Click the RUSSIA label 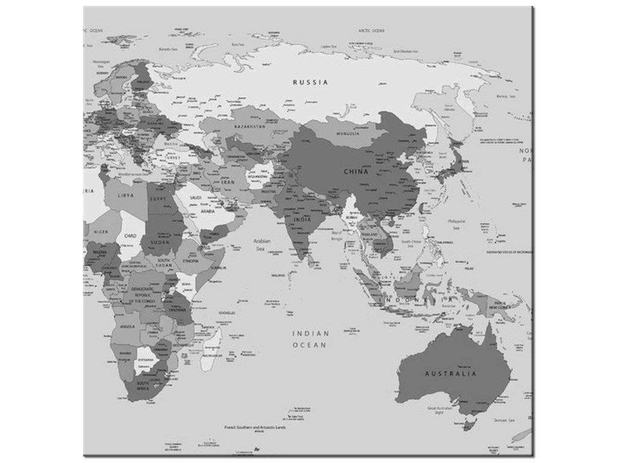pyautogui.click(x=310, y=82)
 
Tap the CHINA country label pyautogui.click(x=355, y=172)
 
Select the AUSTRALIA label pyautogui.click(x=450, y=374)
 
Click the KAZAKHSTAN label pyautogui.click(x=250, y=127)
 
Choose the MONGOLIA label pyautogui.click(x=348, y=133)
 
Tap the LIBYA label pyautogui.click(x=125, y=196)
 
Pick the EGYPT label pyautogui.click(x=158, y=198)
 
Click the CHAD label pyautogui.click(x=131, y=236)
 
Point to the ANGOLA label pyautogui.click(x=127, y=327)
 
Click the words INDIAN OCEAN pyautogui.click(x=310, y=339)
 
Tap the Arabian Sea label pyautogui.click(x=261, y=244)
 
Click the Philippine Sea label pyautogui.click(x=457, y=225)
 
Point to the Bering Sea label pyautogui.click(x=505, y=96)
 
